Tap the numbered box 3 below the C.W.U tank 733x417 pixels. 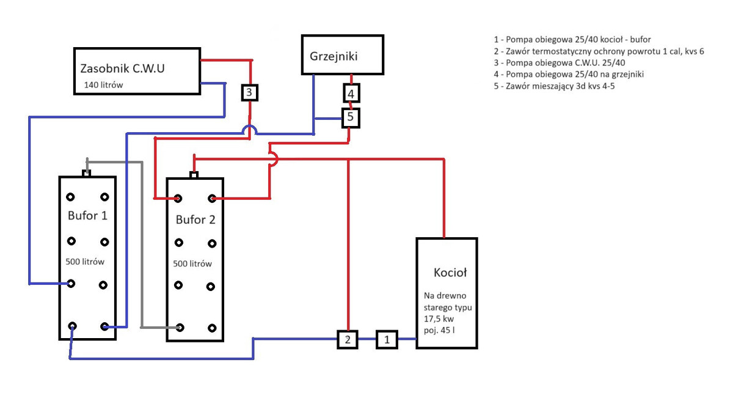click(250, 92)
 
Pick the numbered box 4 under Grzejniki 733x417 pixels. click(351, 94)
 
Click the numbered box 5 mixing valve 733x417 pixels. click(351, 117)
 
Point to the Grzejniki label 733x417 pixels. click(334, 56)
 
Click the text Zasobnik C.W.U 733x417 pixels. click(122, 68)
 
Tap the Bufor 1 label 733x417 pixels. click(87, 216)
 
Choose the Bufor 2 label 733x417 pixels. click(195, 220)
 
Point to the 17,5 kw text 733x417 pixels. click(440, 319)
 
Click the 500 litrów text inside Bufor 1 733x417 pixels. click(85, 262)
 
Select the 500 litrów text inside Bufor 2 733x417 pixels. click(192, 264)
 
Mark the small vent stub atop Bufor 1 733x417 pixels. click(87, 172)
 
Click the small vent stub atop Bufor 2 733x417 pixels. click(194, 175)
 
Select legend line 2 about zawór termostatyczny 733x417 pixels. click(599, 51)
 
